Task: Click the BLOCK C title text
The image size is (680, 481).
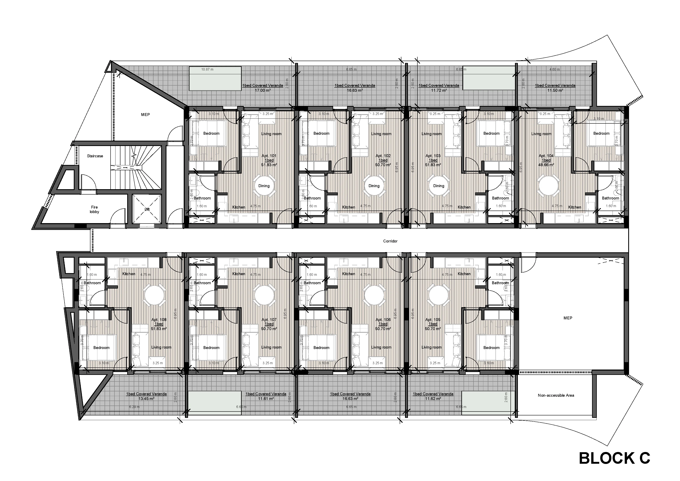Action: tap(614, 458)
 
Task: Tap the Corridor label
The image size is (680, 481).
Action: tap(390, 241)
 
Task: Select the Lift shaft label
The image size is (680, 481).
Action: tap(147, 209)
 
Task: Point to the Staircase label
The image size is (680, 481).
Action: tap(95, 156)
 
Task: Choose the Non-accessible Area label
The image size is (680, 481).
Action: tap(556, 395)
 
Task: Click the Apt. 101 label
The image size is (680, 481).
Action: tap(269, 156)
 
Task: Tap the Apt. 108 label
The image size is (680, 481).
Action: tap(159, 320)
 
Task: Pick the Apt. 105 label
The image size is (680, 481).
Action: tap(433, 320)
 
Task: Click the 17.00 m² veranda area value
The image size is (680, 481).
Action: tap(263, 90)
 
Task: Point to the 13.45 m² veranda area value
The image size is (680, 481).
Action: tap(146, 399)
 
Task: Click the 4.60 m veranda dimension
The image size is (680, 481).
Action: tap(554, 69)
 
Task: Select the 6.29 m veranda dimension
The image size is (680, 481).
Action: tap(134, 407)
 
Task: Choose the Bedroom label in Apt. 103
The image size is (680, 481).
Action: tap(491, 133)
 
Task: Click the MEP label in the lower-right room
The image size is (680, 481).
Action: tap(568, 318)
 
